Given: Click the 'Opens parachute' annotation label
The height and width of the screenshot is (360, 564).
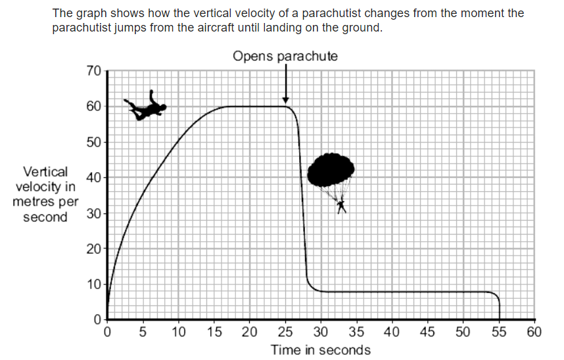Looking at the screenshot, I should (x=285, y=56).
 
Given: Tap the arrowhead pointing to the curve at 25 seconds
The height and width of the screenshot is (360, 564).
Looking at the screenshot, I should (x=285, y=99).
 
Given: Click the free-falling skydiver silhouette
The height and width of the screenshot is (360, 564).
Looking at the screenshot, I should (x=145, y=107).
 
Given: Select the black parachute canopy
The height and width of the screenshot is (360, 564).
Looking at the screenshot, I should (x=331, y=170).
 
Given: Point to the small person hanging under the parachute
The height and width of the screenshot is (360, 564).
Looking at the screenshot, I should (x=341, y=206).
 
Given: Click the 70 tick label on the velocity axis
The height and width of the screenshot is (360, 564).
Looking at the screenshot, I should (x=93, y=71).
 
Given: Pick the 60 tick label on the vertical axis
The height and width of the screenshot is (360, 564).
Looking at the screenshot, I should (x=93, y=106).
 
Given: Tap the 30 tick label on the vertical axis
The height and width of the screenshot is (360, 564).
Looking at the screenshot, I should (x=93, y=214).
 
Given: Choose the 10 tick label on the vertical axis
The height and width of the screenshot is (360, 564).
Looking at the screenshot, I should (x=93, y=284).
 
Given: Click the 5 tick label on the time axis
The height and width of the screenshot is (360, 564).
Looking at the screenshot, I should (x=143, y=331).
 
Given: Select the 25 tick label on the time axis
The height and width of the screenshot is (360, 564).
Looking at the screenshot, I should (x=285, y=331).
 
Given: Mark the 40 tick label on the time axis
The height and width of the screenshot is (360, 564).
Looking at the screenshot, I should (x=392, y=331).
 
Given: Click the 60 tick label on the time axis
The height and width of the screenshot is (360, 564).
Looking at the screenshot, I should (x=534, y=331).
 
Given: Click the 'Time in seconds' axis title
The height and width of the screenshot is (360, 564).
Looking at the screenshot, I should (x=320, y=349).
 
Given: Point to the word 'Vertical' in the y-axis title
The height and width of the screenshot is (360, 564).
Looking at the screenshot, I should (x=45, y=172).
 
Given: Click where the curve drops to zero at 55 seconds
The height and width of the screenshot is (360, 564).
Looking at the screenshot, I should (x=499, y=319).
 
